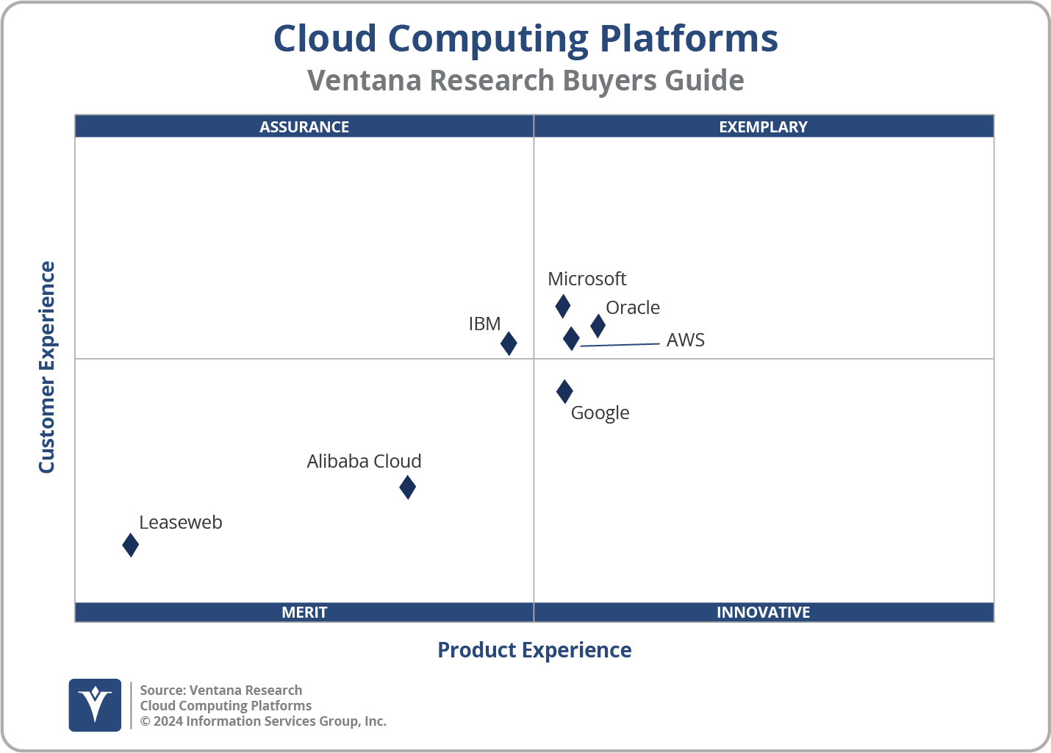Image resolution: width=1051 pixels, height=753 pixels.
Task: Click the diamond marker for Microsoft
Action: [562, 306]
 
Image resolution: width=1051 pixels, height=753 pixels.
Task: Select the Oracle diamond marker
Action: [598, 325]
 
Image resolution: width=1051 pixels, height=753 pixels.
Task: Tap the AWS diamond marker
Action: [571, 338]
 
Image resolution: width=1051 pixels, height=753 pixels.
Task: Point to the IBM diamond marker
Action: [509, 343]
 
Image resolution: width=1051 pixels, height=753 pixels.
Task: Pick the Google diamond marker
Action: [564, 391]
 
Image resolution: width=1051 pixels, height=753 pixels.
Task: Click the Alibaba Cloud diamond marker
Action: [407, 487]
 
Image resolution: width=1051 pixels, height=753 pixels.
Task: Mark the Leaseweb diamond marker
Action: [130, 545]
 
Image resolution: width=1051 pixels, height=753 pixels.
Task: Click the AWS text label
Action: [685, 340]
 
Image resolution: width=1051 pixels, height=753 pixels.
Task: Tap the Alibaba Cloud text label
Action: [364, 461]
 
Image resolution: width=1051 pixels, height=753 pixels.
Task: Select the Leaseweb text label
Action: [180, 522]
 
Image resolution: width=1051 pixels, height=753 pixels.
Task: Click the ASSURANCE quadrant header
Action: [304, 126]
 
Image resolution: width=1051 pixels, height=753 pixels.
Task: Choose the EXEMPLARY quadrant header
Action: [763, 126]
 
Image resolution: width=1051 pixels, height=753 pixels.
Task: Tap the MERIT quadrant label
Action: [304, 612]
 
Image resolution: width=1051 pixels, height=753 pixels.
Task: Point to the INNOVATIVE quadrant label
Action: [763, 612]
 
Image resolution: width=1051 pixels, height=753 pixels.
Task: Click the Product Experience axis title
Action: [534, 650]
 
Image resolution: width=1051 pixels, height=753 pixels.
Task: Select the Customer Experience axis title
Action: [47, 368]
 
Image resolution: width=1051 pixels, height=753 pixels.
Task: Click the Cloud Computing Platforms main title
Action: [525, 38]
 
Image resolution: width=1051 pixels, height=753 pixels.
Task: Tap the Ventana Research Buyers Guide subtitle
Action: [525, 80]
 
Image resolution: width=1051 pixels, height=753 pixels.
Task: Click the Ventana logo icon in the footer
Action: [95, 704]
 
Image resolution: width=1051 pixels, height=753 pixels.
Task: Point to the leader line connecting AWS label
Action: [621, 344]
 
